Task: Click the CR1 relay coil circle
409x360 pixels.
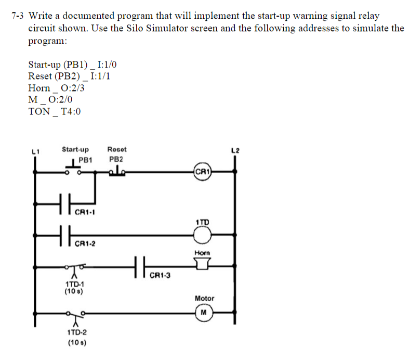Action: coord(202,172)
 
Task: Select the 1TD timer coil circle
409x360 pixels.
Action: coord(202,235)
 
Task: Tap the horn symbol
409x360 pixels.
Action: coord(202,264)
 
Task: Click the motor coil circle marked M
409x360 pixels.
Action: coord(204,312)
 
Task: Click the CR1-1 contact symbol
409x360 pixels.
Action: coord(65,204)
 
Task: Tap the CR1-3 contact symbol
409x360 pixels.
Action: coord(140,267)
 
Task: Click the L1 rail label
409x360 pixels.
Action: coord(35,151)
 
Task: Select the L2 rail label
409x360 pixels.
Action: coord(235,151)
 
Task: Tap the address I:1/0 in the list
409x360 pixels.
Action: coord(107,64)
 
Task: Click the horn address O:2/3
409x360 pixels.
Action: coord(73,88)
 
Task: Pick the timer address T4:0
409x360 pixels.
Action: coord(71,111)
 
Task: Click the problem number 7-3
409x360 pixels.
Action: coord(17,16)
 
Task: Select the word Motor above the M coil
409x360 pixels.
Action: coord(205,298)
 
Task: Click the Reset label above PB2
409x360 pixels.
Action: coord(117,149)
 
